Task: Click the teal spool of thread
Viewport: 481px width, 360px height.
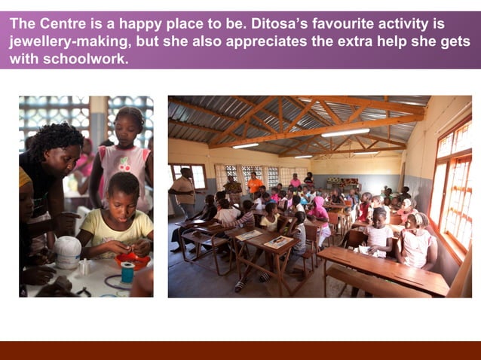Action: pos(127,272)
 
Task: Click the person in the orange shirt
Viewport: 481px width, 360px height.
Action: pos(255,184)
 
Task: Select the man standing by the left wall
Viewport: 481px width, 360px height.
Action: pos(184,191)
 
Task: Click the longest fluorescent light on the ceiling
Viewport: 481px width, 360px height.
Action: pos(345,133)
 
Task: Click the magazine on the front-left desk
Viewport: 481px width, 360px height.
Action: pos(278,242)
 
